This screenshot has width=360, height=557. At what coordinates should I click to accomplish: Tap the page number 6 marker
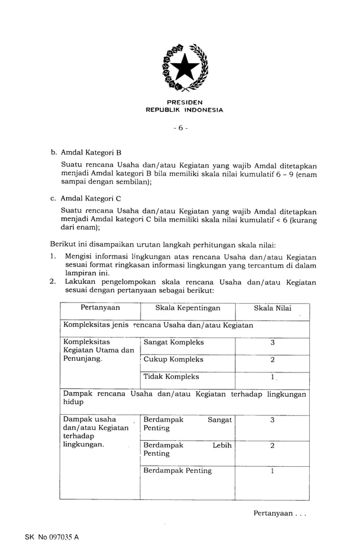(x=181, y=128)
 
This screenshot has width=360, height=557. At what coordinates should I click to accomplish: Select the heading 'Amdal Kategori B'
(x=91, y=152)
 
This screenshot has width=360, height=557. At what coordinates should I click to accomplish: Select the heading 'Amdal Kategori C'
(x=91, y=198)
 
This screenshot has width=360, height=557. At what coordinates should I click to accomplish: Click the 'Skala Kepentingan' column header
(x=188, y=308)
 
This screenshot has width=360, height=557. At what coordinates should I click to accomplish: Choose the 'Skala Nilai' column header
(x=273, y=308)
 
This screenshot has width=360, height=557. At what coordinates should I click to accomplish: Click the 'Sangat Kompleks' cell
(x=174, y=343)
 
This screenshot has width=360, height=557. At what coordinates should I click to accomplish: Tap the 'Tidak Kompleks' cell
(x=171, y=377)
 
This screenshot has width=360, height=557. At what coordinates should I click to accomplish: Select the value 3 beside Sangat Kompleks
(x=273, y=343)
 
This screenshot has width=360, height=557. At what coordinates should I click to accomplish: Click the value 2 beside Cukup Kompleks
(x=273, y=360)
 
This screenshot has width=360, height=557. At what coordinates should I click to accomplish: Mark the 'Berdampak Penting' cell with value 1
(x=178, y=471)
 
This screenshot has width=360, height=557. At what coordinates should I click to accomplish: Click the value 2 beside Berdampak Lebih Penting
(x=273, y=446)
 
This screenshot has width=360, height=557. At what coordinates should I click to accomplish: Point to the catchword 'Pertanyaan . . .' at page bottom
(x=280, y=513)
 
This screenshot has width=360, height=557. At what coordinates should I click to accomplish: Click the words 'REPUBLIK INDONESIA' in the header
(x=185, y=110)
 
